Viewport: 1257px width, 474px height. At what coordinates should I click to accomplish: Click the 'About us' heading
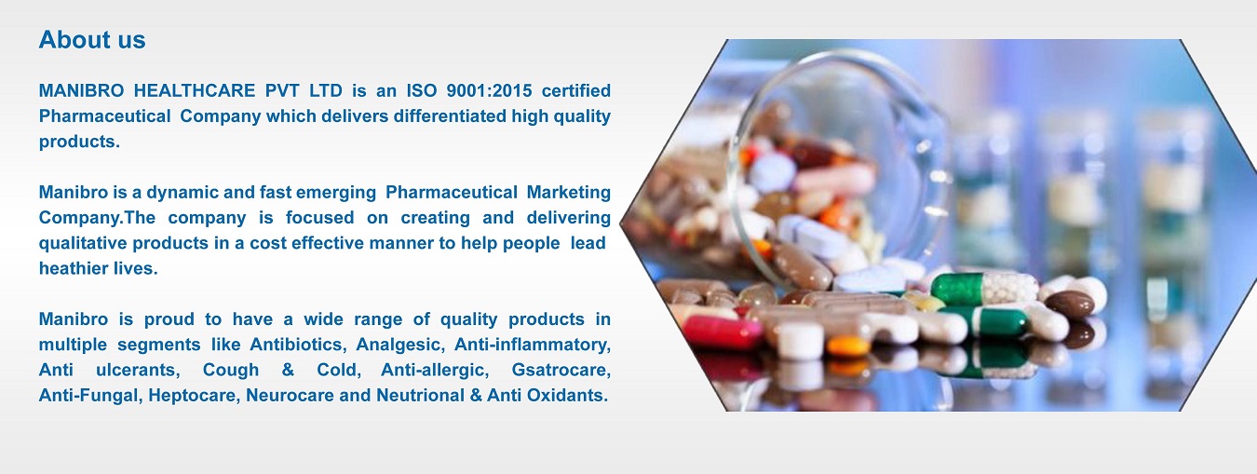(92, 40)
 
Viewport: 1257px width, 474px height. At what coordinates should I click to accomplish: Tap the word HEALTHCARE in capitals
(195, 90)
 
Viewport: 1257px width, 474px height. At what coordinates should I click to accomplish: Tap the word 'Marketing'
(569, 192)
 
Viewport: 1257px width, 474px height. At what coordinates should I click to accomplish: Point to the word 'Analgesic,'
(400, 344)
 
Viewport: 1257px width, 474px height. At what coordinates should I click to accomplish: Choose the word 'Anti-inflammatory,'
(533, 344)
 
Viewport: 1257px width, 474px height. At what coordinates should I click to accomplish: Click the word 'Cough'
(231, 370)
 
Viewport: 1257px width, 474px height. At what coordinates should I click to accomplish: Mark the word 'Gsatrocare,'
(561, 370)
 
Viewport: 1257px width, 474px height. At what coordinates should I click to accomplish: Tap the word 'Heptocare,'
(195, 395)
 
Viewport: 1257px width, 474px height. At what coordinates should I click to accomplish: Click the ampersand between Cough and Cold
(288, 370)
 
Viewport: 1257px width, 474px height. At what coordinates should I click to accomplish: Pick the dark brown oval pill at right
(1070, 303)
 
